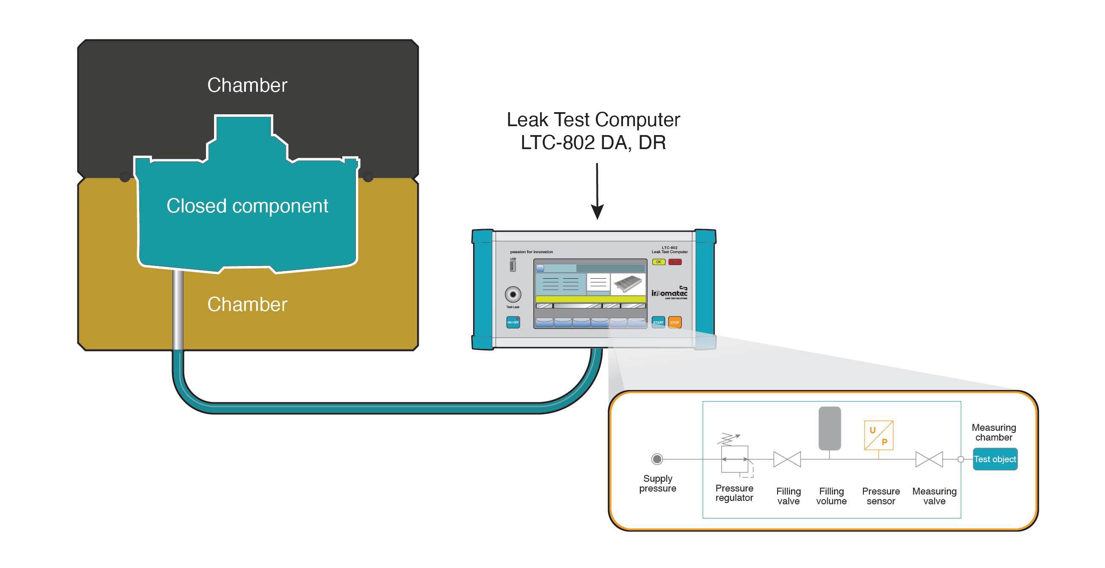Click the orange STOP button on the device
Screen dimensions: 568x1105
click(674, 322)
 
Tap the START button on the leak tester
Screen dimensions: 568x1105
click(658, 322)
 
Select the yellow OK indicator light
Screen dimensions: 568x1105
click(658, 262)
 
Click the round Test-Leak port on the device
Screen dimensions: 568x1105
click(513, 294)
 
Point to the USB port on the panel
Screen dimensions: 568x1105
click(513, 266)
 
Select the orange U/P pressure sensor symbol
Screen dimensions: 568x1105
click(878, 435)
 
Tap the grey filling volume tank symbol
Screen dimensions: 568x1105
click(829, 428)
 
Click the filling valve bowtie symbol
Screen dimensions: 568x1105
click(787, 459)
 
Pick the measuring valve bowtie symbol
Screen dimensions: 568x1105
click(929, 459)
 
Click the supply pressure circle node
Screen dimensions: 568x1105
click(657, 459)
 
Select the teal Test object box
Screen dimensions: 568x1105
click(994, 459)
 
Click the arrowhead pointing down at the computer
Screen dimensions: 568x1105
click(597, 212)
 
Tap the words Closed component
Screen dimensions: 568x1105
click(247, 206)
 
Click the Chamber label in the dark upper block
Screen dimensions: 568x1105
click(247, 85)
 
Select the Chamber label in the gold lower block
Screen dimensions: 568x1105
click(247, 304)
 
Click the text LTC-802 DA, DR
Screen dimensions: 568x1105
click(593, 142)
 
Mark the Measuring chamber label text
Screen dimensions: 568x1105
click(993, 432)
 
